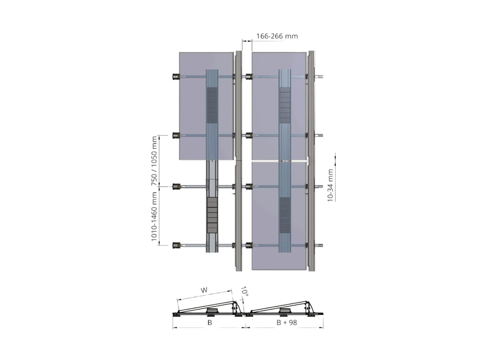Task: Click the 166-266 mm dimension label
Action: point(277,36)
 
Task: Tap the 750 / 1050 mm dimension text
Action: point(154,161)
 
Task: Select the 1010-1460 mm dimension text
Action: point(154,216)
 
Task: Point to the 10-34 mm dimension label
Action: point(330,185)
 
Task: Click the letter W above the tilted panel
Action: point(204,290)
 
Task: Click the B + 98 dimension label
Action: point(287,322)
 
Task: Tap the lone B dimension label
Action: point(210,322)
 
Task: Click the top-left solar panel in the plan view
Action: point(206,106)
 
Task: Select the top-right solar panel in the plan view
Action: point(279,106)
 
